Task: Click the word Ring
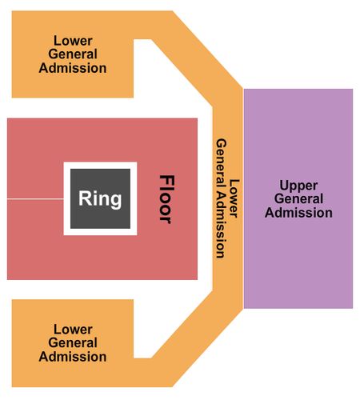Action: point(100,199)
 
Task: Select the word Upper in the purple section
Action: point(298,186)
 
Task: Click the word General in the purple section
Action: point(298,198)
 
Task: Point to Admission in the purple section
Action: point(298,213)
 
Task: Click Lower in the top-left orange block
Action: point(73,41)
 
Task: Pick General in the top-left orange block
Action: point(73,54)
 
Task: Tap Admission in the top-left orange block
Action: point(73,68)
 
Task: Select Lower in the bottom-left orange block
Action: point(73,330)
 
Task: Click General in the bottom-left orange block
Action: point(73,342)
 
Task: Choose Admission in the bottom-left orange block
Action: point(73,357)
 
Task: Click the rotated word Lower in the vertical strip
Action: point(234,198)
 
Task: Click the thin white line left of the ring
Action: point(35,198)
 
